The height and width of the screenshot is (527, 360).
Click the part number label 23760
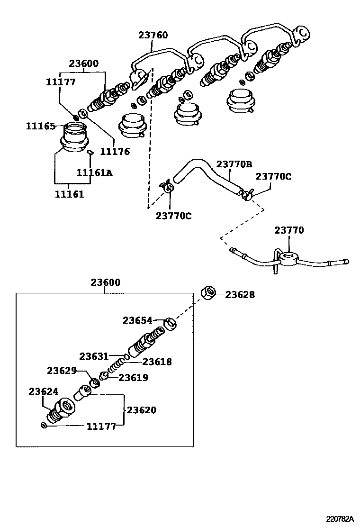pos(153,35)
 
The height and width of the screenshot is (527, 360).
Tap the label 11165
pos(40,126)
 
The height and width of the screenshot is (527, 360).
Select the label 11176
pos(115,152)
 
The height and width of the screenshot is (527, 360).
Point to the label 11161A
pos(95,173)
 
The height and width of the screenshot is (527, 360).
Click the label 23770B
pos(234,164)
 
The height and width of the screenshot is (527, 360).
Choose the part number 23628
pos(240,295)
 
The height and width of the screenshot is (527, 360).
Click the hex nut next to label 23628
pos(208,293)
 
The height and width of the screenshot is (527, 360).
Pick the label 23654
pos(137,320)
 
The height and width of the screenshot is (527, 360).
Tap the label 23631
pos(94,356)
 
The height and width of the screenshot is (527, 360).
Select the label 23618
pos(157,362)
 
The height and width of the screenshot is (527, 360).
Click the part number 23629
pos(61,370)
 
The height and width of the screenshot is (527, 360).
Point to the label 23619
pos(133,378)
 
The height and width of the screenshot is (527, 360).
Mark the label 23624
pos(43,391)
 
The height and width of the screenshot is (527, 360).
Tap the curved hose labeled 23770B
pos(204,171)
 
